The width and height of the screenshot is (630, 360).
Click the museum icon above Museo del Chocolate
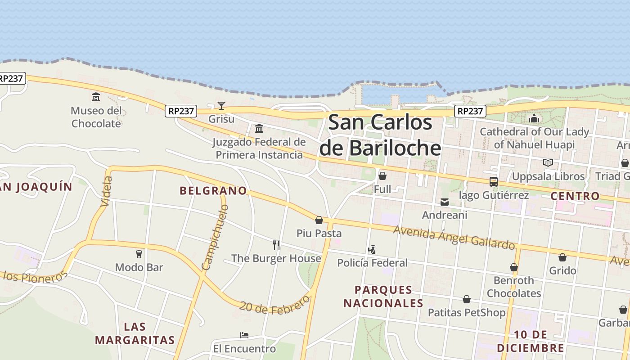point(96,97)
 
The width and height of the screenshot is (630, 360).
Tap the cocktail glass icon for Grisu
point(221,106)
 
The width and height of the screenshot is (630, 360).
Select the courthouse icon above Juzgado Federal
point(259,129)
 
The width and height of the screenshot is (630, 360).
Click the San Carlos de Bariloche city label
point(380,135)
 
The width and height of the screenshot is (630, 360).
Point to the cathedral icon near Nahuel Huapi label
point(534,118)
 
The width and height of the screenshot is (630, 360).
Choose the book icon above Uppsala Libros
point(548,162)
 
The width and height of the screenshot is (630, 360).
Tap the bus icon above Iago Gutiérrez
point(494,182)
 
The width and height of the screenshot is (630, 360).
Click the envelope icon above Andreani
point(445,202)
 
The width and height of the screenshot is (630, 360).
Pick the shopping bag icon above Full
point(382,175)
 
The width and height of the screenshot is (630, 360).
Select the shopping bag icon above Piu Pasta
point(319,220)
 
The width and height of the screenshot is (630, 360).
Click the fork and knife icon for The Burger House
point(276,245)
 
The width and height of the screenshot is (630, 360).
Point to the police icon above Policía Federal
point(372,249)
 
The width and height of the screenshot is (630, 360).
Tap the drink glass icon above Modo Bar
point(139,254)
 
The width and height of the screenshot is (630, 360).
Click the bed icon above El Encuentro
point(244,335)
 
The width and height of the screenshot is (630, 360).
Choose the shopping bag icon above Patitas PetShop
point(467,299)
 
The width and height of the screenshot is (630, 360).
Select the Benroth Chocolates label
point(514,287)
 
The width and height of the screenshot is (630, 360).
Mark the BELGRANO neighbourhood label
point(213,191)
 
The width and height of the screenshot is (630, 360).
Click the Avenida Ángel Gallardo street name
point(454,237)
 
